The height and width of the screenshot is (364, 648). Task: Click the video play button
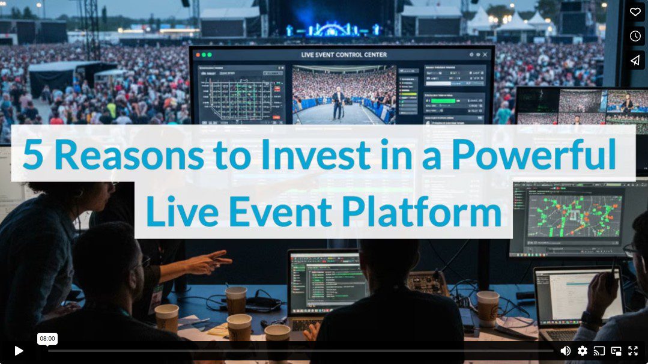tap(19, 351)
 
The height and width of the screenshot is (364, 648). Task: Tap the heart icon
tap(635, 12)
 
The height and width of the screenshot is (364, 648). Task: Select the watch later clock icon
tap(635, 36)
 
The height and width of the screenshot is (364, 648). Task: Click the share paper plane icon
tap(635, 60)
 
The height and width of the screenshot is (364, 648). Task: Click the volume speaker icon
tap(565, 351)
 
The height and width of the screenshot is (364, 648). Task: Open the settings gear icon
tap(582, 351)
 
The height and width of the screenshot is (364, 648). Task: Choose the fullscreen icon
tap(633, 351)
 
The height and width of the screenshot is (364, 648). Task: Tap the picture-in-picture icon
tap(616, 351)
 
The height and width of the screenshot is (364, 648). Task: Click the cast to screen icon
tap(599, 351)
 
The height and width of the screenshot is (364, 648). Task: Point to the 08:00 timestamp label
tap(47, 339)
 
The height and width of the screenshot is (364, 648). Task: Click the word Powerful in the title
tap(534, 154)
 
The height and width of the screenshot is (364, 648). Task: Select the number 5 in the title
tap(33, 154)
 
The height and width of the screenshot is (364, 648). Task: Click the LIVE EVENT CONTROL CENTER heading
tap(344, 55)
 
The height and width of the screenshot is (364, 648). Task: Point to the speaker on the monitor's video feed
tap(339, 102)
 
